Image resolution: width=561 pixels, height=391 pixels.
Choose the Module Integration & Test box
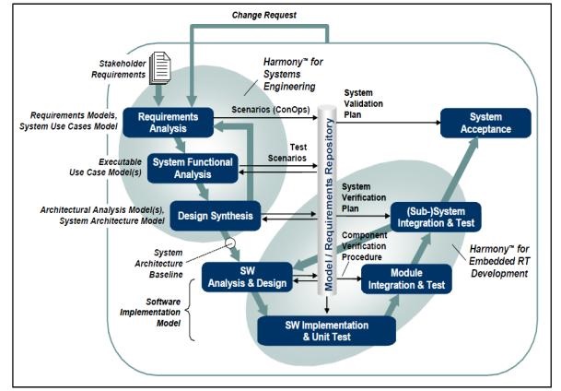click(405, 279)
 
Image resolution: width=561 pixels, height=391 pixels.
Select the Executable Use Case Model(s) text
click(95, 164)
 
